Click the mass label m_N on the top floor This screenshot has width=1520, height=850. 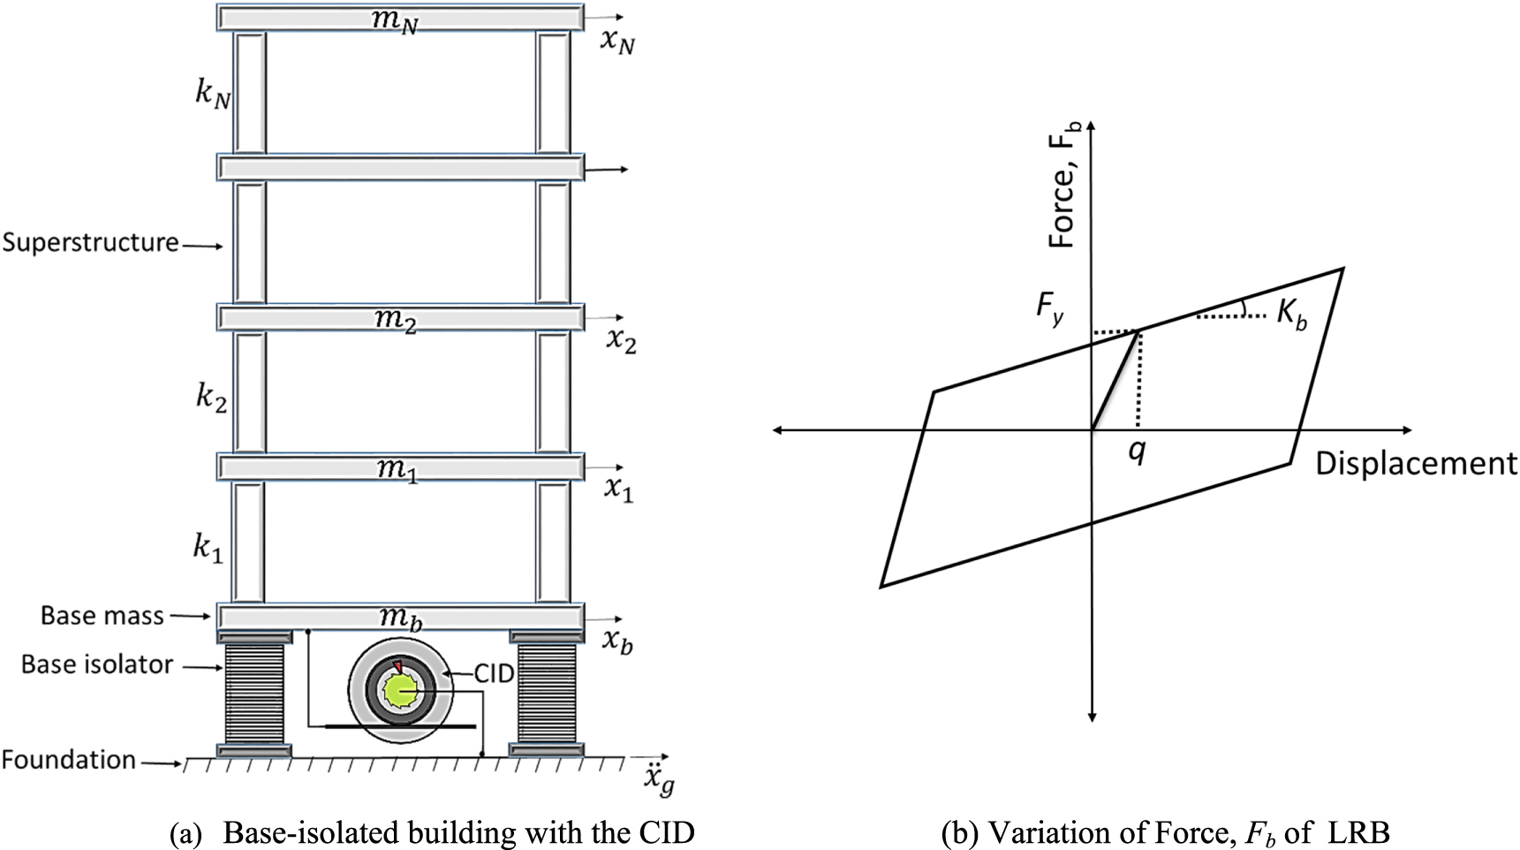(x=394, y=19)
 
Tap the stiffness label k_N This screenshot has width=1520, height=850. (x=213, y=94)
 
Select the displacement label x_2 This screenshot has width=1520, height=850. (x=621, y=341)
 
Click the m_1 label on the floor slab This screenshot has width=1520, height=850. (x=397, y=468)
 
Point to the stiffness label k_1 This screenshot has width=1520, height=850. (x=208, y=549)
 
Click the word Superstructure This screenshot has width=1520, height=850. (x=90, y=242)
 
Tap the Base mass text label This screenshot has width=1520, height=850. (x=102, y=616)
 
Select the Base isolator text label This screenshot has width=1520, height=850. (x=97, y=664)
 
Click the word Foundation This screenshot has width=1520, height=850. (x=69, y=760)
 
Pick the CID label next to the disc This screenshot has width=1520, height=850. (x=494, y=673)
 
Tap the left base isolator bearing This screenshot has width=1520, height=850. (x=254, y=694)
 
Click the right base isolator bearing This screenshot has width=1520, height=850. (x=546, y=694)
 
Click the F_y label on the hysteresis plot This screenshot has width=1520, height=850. (x=1050, y=309)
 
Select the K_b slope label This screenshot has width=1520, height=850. (x=1291, y=315)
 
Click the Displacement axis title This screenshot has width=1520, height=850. (x=1415, y=464)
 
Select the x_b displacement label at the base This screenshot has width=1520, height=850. (x=618, y=641)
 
